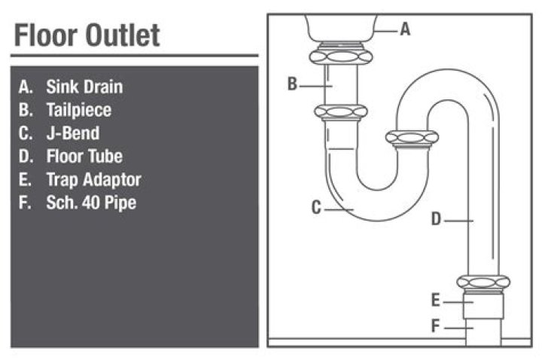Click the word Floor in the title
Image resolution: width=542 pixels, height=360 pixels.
46,35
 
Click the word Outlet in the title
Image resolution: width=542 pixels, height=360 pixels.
123,35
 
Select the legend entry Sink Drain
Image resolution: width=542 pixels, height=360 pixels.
84,87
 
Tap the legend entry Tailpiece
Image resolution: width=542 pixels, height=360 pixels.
79,110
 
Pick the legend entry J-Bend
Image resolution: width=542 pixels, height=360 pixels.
73,133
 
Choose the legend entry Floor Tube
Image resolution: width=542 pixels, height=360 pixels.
84,157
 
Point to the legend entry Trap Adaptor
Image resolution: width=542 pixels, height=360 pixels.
93,180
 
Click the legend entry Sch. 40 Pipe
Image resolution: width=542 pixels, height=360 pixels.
91,203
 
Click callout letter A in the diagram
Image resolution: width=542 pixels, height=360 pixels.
406,29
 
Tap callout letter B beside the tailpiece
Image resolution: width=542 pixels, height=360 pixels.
292,84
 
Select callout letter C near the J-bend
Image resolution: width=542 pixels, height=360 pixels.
316,208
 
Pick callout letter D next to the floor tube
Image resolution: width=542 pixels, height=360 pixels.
436,219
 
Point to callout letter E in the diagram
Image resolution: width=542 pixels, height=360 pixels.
436,300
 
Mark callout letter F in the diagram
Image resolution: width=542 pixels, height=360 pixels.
435,326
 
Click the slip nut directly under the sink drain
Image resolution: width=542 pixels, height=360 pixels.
341,56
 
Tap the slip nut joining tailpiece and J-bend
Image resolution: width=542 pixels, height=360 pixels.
341,112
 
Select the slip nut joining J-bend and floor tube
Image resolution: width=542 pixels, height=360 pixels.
412,138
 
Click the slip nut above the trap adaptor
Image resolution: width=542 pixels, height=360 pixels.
483,282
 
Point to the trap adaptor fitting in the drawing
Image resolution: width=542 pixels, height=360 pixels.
483,305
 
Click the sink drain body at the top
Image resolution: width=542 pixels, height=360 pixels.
341,28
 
